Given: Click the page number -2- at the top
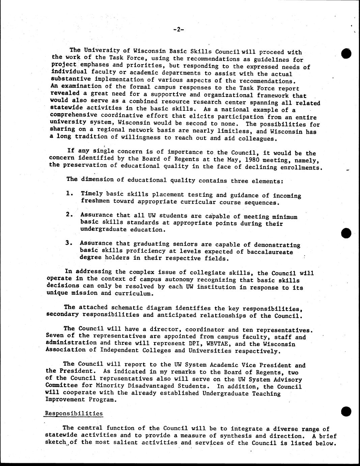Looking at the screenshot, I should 178,30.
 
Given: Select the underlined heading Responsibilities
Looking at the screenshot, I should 74,413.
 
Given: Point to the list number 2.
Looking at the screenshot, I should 70,214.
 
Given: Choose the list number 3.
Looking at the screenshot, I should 69,243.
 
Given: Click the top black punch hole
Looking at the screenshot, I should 347,53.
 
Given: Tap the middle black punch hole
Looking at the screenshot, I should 347,233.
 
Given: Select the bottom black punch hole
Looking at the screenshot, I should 347,411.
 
